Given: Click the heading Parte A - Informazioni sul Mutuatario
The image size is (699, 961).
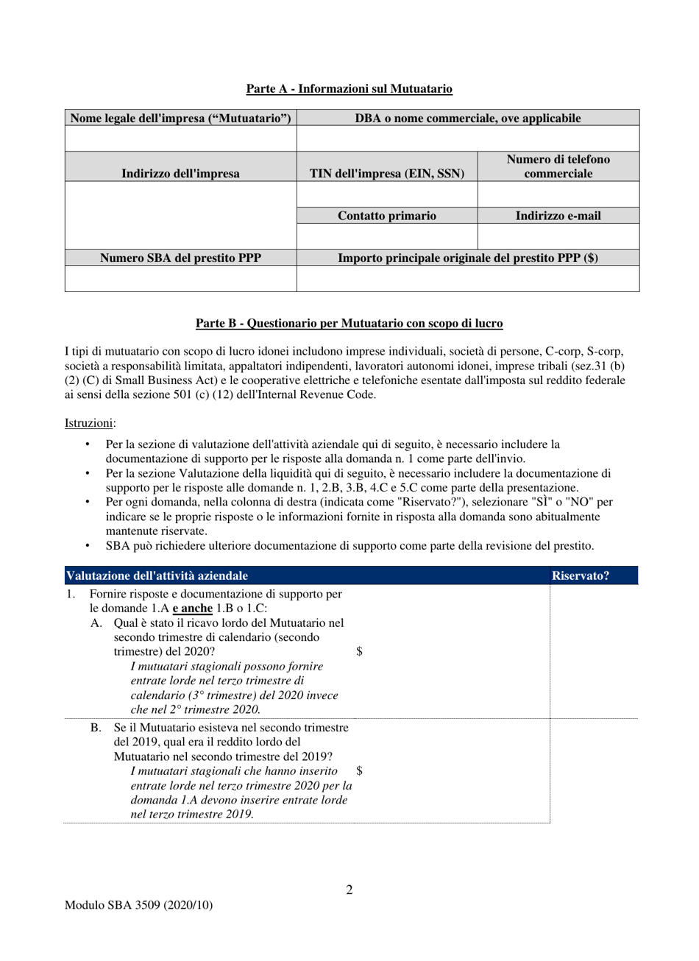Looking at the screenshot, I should (x=349, y=89).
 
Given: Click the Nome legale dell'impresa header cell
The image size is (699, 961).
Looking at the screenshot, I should (x=180, y=118).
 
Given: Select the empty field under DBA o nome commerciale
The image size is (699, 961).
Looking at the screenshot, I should (x=467, y=138).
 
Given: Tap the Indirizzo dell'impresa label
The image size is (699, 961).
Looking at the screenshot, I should (x=180, y=174).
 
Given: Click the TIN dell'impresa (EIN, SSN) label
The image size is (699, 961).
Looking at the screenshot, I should (x=387, y=174).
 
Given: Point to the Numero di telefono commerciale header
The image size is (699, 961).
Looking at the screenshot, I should (x=558, y=166).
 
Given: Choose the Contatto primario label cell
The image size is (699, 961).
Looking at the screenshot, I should (x=387, y=216).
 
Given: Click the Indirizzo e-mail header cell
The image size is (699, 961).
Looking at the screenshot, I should (x=558, y=216).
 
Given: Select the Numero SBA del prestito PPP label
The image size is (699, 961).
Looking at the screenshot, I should (x=180, y=258).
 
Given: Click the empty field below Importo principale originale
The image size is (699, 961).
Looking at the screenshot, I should (x=467, y=279).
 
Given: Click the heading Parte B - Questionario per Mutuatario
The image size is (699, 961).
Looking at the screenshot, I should (x=349, y=323).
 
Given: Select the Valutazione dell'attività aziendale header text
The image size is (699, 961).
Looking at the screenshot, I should (x=157, y=575).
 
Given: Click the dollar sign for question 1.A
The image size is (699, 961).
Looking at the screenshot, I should (x=359, y=651).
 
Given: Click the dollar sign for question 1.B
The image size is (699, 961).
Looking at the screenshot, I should (x=359, y=770).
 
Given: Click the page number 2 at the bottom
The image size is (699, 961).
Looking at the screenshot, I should (x=349, y=890).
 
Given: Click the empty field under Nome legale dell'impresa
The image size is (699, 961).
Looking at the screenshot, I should (x=180, y=138).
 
